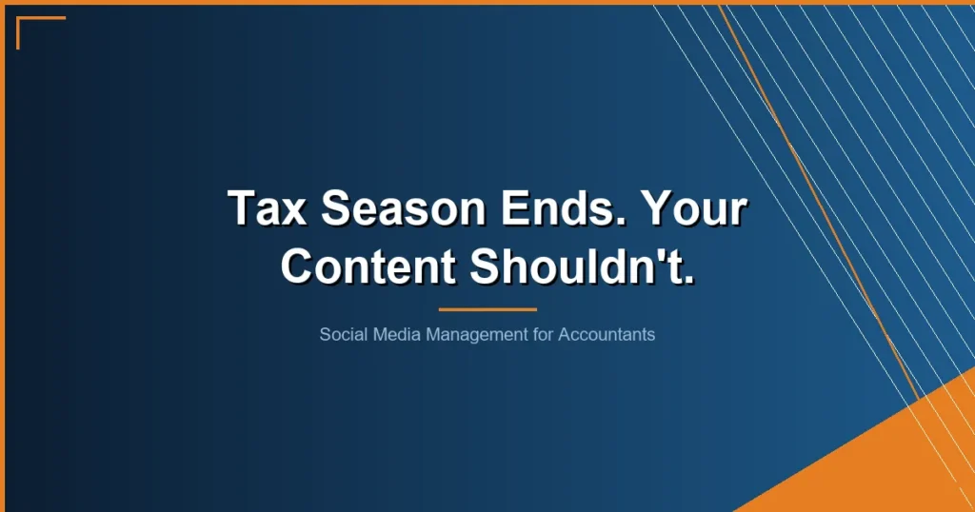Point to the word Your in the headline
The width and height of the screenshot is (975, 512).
tap(692, 208)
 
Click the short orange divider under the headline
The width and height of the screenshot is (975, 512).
tap(487, 309)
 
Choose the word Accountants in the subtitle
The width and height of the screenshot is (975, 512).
tap(607, 335)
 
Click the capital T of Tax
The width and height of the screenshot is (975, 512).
tap(241, 207)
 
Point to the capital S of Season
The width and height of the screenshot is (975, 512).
tap(332, 207)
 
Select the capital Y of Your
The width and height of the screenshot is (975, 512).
tap(654, 207)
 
